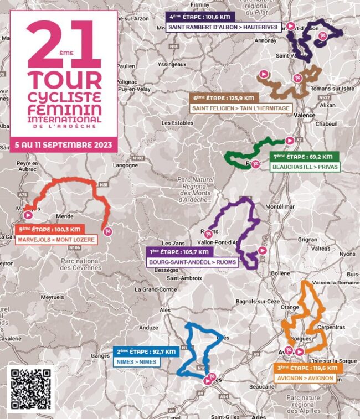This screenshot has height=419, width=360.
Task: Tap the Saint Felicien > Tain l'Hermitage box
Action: (x=240, y=108)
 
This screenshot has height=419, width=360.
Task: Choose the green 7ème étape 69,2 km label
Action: (x=305, y=157)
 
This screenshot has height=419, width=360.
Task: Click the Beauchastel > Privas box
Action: (x=305, y=167)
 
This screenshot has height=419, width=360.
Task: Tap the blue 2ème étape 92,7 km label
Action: (x=146, y=351)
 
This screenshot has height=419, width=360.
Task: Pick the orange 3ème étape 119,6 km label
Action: (x=308, y=368)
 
